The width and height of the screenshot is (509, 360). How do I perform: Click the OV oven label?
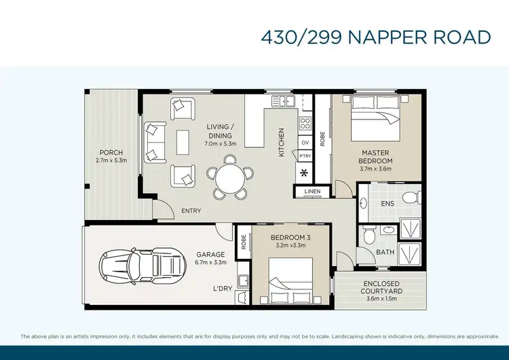(x=305, y=142)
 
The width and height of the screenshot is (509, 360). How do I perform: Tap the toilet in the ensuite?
(x=409, y=198)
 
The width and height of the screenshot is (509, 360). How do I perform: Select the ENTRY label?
(x=191, y=211)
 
